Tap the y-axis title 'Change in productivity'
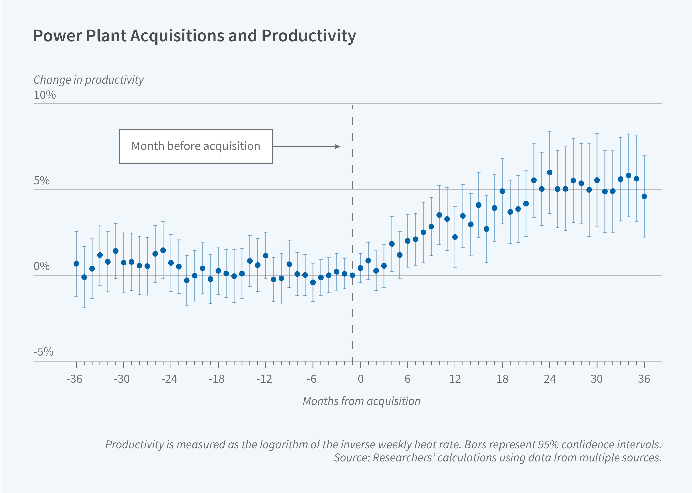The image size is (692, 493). [89, 80]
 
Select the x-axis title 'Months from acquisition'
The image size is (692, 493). [361, 401]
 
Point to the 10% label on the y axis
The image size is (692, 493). [45, 95]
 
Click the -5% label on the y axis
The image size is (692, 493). [43, 352]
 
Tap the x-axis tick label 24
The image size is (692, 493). [549, 379]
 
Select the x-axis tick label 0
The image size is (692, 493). [360, 379]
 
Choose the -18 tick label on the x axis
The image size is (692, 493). [217, 379]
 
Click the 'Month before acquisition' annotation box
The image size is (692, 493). [196, 146]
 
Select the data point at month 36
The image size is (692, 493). [644, 196]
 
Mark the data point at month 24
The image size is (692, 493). [549, 172]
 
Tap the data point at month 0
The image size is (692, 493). [360, 268]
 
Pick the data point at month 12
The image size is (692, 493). [455, 237]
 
